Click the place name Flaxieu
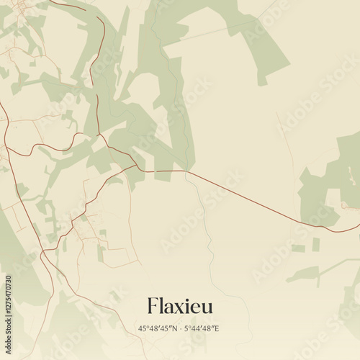pyautogui.click(x=180, y=306)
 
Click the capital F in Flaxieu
pyautogui.click(x=152, y=306)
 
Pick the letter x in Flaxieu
pyautogui.click(x=177, y=308)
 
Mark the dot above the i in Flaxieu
pyautogui.click(x=186, y=300)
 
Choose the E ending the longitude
pyautogui.click(x=217, y=328)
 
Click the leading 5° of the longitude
pyautogui.click(x=189, y=328)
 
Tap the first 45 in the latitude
pyautogui.click(x=142, y=328)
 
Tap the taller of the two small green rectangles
pyautogui.click(x=316, y=244)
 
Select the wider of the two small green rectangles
pyautogui.click(x=298, y=248)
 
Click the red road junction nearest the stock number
pyautogui.click(x=42, y=252)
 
